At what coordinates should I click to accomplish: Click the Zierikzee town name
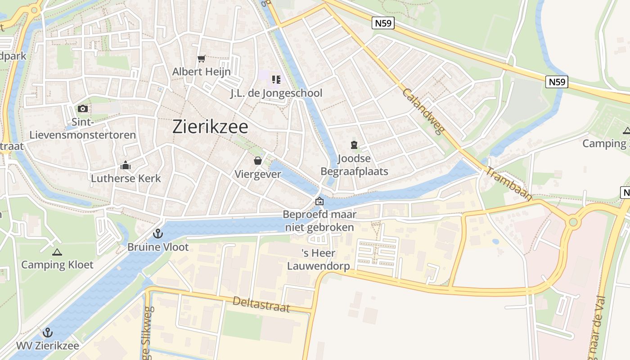tap(210, 127)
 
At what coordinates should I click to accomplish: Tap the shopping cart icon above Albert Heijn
tap(201, 58)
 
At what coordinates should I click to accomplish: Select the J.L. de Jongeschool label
tap(276, 93)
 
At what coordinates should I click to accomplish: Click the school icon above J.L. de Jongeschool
tap(276, 80)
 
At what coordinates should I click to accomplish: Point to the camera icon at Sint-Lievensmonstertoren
tap(82, 108)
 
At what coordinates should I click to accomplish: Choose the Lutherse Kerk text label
tap(126, 178)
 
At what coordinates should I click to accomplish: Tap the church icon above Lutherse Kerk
tap(126, 166)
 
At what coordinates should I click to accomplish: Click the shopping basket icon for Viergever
tap(258, 161)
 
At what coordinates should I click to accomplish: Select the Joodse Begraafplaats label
tap(354, 165)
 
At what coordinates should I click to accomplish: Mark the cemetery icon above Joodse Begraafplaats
tap(354, 145)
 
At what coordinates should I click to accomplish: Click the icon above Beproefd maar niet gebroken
tap(319, 201)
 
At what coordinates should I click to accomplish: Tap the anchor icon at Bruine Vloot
tap(157, 234)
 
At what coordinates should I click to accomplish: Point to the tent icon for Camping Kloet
tap(57, 252)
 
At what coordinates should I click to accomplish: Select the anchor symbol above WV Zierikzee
tap(47, 333)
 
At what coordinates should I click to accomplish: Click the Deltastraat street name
tap(261, 305)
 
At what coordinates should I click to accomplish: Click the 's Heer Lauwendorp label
tap(319, 260)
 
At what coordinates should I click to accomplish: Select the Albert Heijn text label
tap(201, 72)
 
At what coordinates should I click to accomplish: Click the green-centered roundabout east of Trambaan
tap(573, 222)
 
